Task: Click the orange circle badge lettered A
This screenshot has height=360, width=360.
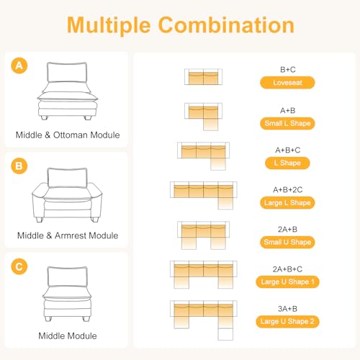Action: tap(19, 66)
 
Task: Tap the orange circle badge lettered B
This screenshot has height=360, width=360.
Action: tap(19, 166)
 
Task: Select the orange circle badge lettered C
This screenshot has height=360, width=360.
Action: tap(19, 266)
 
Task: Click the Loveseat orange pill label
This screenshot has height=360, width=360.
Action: tap(287, 83)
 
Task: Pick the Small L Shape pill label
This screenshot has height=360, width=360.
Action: tap(287, 123)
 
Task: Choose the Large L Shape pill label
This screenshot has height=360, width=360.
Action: tap(287, 203)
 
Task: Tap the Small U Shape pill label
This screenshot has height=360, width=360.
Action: tap(287, 242)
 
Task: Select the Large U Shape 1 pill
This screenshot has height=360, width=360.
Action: tap(287, 282)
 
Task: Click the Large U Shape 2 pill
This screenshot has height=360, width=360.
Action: tap(287, 321)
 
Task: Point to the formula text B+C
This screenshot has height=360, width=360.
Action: tap(288, 70)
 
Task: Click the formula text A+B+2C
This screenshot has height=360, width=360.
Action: tap(287, 190)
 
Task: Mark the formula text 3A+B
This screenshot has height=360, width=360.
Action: tap(287, 309)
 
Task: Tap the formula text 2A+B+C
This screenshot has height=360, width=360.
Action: tap(287, 269)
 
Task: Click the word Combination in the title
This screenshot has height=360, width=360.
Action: tap(226, 25)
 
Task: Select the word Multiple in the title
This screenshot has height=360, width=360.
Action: tap(109, 26)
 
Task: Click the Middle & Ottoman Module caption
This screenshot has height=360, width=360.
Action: tap(68, 135)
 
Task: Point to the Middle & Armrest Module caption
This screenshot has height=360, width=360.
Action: tap(68, 235)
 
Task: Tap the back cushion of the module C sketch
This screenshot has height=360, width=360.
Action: tap(68, 276)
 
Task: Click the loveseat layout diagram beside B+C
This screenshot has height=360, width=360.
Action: tap(203, 77)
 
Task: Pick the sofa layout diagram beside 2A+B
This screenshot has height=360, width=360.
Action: tap(203, 235)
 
